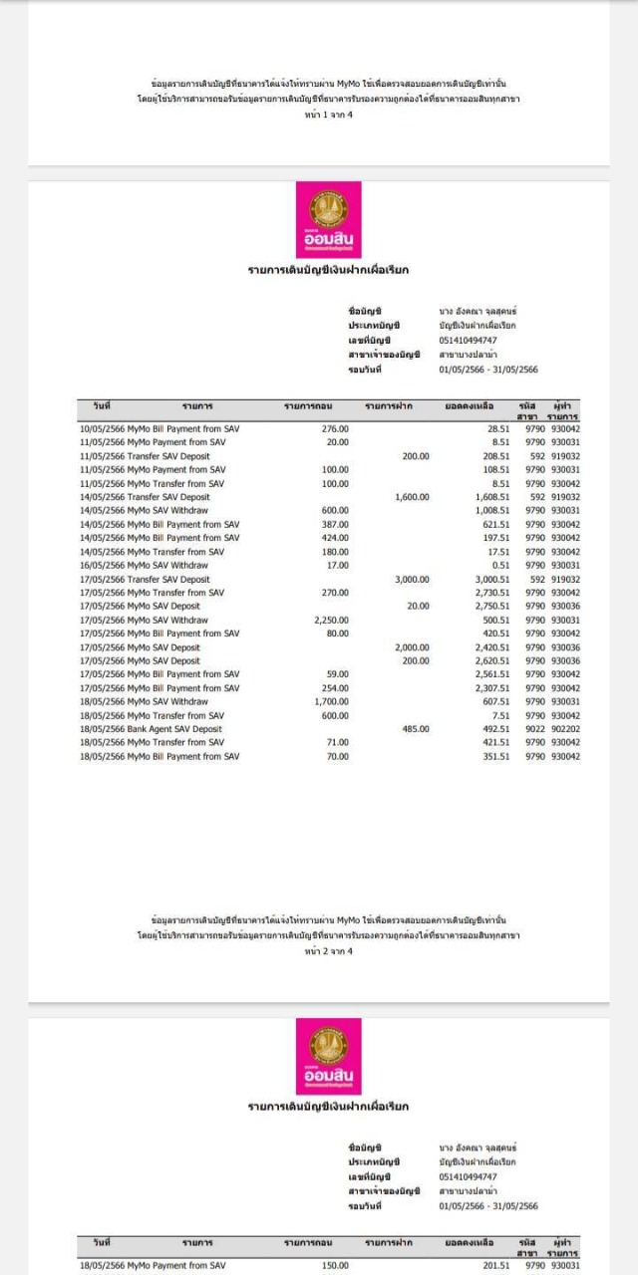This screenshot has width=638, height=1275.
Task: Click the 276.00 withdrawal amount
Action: [335, 428]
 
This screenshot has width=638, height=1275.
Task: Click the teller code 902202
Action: [565, 729]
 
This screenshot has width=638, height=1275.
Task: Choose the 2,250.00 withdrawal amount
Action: [331, 620]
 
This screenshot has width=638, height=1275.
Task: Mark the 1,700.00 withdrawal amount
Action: [331, 701]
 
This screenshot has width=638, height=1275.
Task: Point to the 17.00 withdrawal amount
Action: [338, 565]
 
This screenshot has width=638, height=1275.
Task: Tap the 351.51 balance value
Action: [496, 756]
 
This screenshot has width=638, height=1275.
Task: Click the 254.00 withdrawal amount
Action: [335, 688]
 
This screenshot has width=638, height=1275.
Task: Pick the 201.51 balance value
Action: [496, 1266]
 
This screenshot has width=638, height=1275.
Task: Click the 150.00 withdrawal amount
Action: [335, 1266]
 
